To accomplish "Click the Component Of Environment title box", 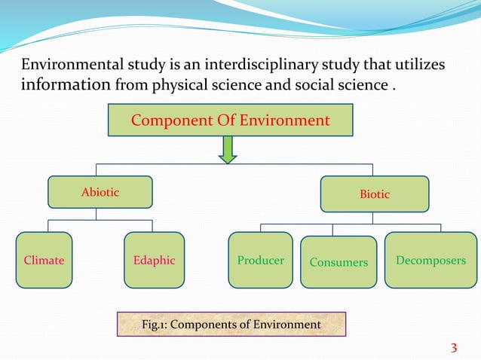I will click(231, 121).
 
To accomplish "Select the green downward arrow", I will click(227, 149).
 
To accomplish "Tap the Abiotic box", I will click(100, 192).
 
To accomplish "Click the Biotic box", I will click(375, 194).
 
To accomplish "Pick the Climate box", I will click(44, 261).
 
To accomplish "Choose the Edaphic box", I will click(154, 261).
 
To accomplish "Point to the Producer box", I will click(260, 261).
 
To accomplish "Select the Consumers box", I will click(339, 262).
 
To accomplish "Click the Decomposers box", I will click(430, 261).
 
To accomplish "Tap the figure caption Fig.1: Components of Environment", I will click(231, 325).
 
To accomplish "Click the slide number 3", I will click(453, 347).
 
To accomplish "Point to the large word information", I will click(66, 84).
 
